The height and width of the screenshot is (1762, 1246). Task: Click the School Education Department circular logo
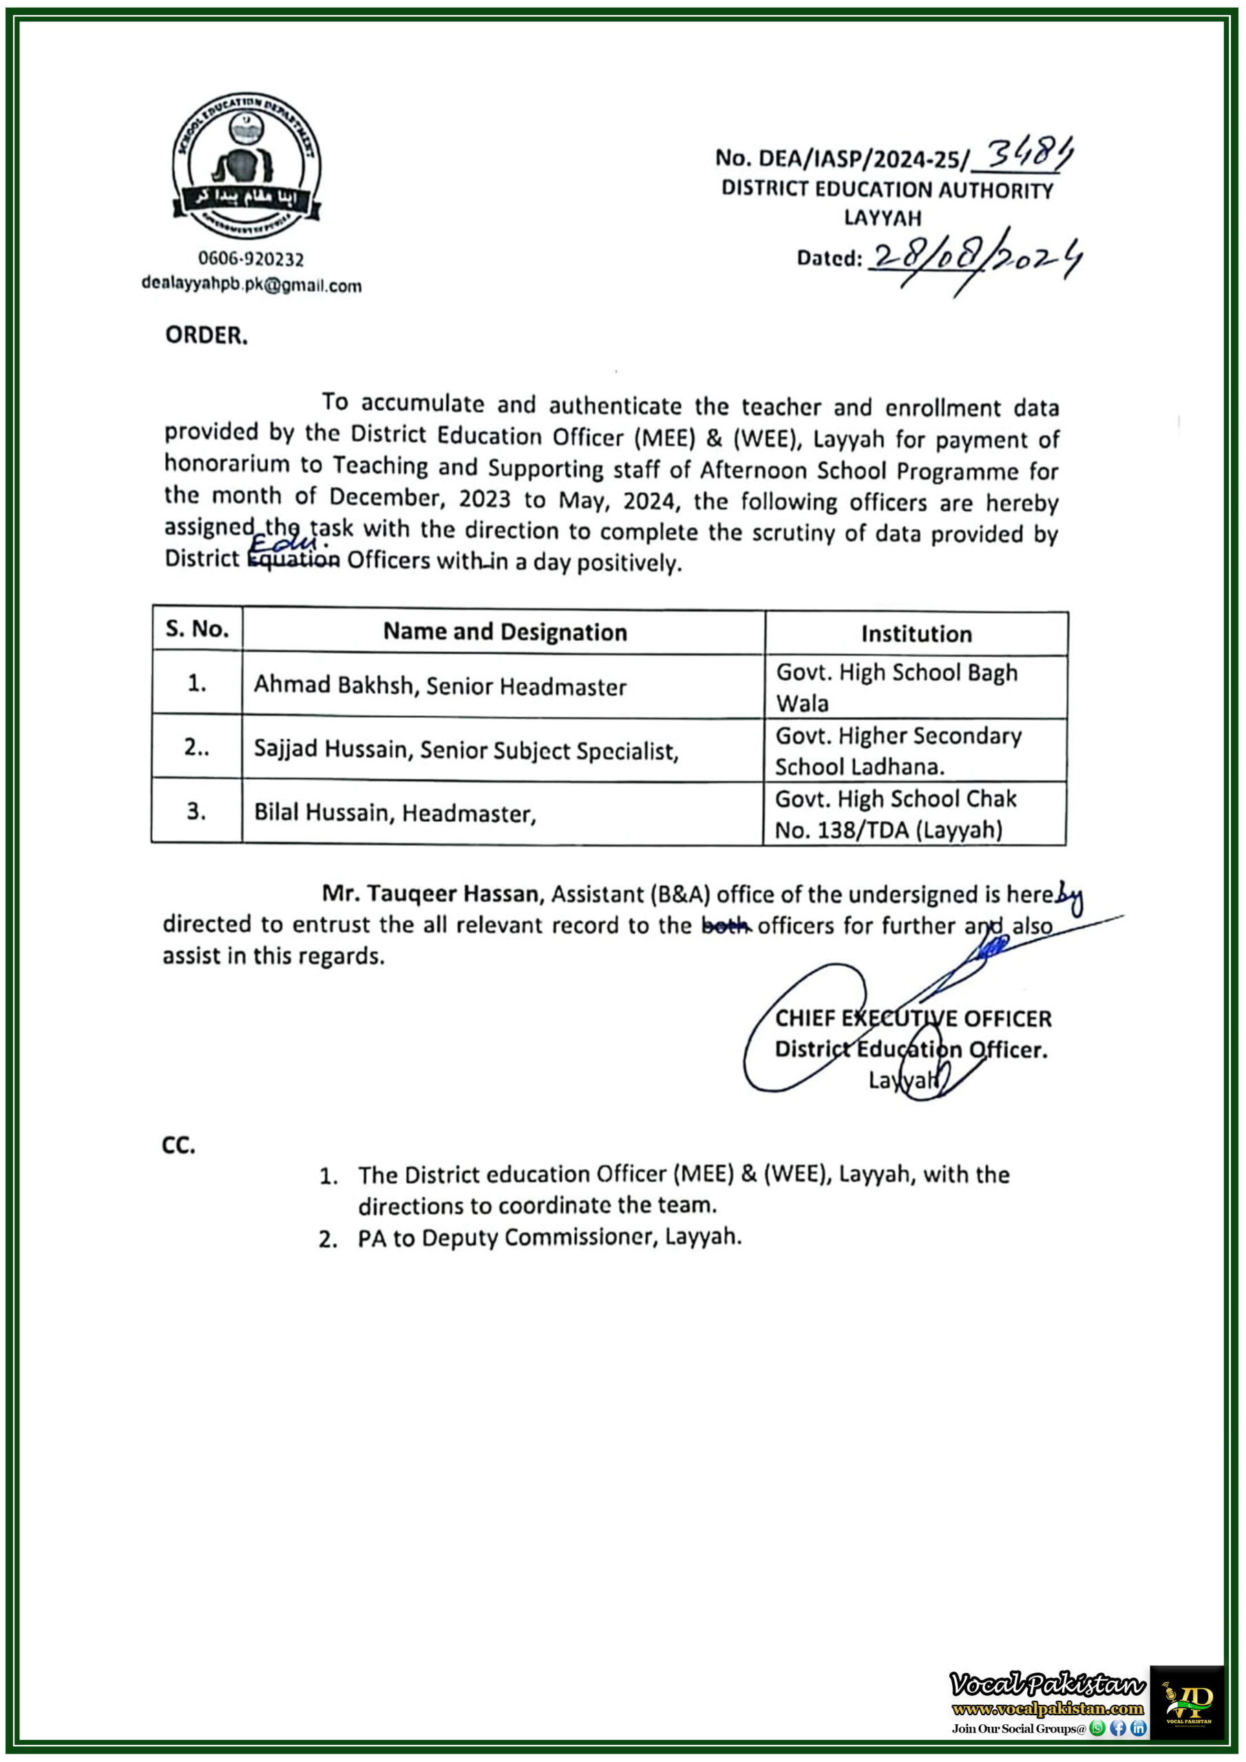click(246, 166)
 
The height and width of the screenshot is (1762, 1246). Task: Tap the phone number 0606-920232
click(251, 259)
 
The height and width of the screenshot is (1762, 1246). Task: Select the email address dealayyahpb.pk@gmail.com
click(251, 285)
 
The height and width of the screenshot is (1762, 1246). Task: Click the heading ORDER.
click(207, 335)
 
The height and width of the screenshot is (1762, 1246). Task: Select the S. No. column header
click(198, 628)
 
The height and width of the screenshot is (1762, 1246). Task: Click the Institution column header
click(916, 634)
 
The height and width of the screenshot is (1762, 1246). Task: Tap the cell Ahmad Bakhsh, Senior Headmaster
click(440, 686)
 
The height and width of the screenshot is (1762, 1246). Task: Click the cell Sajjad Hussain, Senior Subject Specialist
click(466, 750)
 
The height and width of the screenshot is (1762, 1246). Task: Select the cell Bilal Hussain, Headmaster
click(394, 813)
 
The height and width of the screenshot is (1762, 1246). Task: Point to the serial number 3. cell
click(196, 811)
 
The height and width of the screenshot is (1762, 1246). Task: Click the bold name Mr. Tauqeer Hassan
click(432, 893)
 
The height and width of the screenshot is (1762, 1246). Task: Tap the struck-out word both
click(726, 926)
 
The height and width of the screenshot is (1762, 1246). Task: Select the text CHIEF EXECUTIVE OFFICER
click(913, 1019)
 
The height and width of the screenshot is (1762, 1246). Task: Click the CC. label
click(179, 1146)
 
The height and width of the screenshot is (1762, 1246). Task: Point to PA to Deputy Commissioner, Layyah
click(549, 1237)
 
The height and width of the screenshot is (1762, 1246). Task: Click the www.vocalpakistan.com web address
click(1047, 1708)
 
